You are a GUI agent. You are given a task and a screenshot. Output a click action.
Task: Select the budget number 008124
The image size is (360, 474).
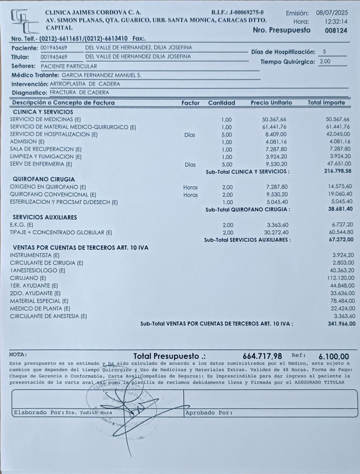[x=336, y=30]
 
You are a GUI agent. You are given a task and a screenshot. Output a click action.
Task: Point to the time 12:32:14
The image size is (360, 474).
[x=336, y=21]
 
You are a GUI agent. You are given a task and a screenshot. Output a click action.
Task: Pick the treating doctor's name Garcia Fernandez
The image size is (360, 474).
[x=101, y=75]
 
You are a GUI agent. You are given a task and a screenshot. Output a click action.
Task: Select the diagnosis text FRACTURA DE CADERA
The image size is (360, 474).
[x=79, y=92]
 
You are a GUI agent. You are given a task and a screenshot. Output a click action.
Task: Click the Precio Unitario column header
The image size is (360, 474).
[x=271, y=103]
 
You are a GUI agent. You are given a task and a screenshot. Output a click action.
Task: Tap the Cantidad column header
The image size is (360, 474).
[x=222, y=103]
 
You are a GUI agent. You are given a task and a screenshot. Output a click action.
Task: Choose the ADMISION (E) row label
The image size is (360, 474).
[x=27, y=141]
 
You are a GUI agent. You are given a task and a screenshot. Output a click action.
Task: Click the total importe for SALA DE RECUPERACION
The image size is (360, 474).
[x=339, y=149]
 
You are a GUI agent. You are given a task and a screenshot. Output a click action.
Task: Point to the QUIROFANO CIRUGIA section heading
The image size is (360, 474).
[x=44, y=179]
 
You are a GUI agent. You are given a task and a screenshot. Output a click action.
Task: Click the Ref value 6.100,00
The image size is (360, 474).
[x=333, y=356]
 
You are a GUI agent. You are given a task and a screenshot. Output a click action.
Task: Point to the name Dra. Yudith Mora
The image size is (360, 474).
[x=88, y=412]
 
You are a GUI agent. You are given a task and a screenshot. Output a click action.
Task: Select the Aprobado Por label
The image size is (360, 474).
[x=209, y=412]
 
